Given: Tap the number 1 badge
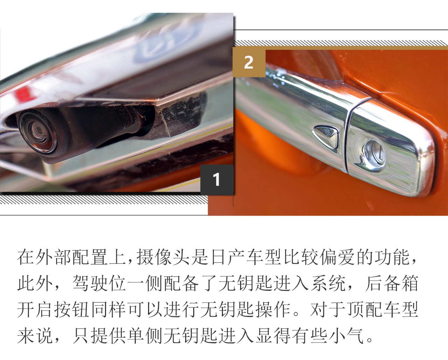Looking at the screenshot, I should coord(217,179).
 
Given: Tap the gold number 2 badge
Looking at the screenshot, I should coord(248,62).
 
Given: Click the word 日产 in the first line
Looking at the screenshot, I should coord(227,257).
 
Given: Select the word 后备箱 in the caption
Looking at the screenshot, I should coord(392,283).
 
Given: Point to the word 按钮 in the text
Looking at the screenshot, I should coord(72,310).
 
